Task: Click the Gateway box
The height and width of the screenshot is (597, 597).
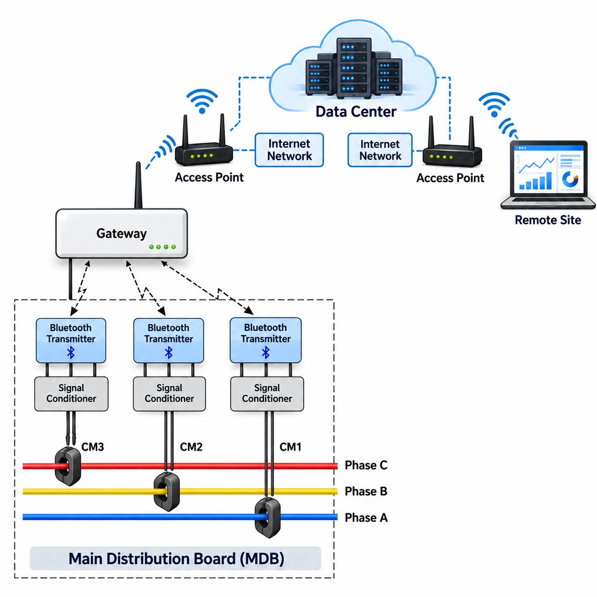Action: click(x=121, y=233)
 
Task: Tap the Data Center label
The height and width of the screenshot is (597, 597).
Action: click(x=356, y=111)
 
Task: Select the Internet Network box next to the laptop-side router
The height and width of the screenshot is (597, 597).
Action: click(x=380, y=150)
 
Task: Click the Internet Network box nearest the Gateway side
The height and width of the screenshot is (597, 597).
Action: click(x=289, y=150)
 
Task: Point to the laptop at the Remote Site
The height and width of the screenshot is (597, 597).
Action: click(x=548, y=175)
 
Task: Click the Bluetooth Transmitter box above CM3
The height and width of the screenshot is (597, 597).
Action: click(x=71, y=340)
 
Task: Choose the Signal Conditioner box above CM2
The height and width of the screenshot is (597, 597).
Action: click(x=169, y=394)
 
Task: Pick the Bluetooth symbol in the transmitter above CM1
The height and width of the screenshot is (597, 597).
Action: click(x=266, y=352)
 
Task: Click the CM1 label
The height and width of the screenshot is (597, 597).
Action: click(x=290, y=447)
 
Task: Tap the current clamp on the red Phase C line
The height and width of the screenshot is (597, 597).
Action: click(x=68, y=466)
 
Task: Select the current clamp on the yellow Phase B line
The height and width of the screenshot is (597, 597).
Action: click(x=167, y=491)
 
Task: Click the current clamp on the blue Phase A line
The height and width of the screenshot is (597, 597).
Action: click(x=268, y=517)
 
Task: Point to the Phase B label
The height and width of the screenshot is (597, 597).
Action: click(x=366, y=491)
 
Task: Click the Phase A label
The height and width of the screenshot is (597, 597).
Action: click(x=366, y=517)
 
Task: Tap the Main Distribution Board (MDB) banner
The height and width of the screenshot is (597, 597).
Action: click(x=175, y=558)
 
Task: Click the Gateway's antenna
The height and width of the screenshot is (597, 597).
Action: click(x=138, y=185)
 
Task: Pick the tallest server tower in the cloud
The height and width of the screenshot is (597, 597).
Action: click(x=354, y=68)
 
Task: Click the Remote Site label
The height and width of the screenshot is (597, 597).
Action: click(x=548, y=220)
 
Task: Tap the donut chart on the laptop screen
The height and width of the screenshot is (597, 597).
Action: click(x=570, y=179)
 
